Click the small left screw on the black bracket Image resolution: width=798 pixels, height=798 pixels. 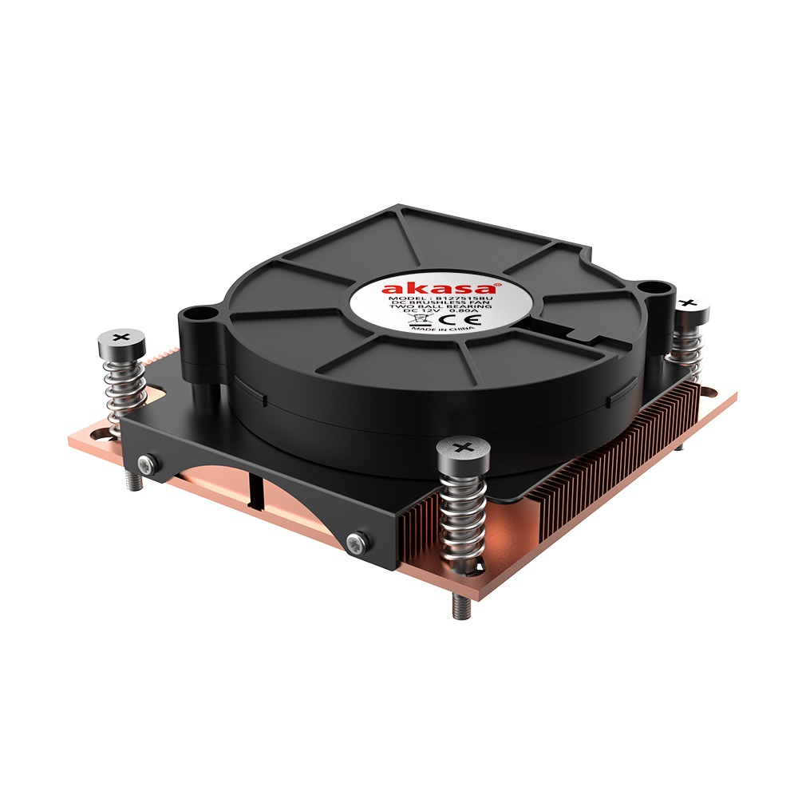(145, 464)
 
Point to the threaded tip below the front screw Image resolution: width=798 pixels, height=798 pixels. (460, 607)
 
